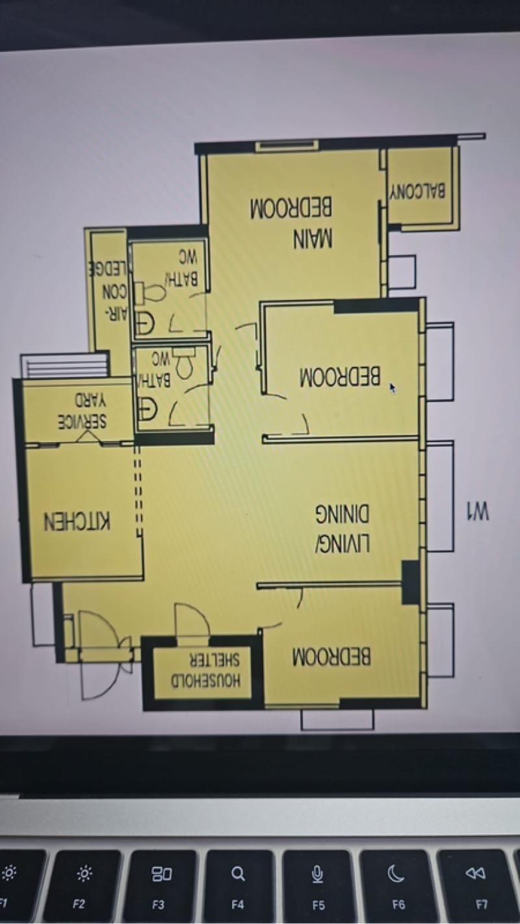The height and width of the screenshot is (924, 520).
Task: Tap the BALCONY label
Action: (x=418, y=192)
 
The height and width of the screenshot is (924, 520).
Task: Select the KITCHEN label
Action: (x=77, y=521)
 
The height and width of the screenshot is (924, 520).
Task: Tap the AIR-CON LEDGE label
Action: (x=109, y=288)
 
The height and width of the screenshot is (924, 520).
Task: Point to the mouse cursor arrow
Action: (x=393, y=388)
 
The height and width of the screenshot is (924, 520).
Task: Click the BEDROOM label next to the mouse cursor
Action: (x=340, y=377)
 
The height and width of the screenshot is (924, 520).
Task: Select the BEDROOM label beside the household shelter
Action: (x=331, y=656)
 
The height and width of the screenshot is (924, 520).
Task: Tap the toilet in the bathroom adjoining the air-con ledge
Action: (x=153, y=293)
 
